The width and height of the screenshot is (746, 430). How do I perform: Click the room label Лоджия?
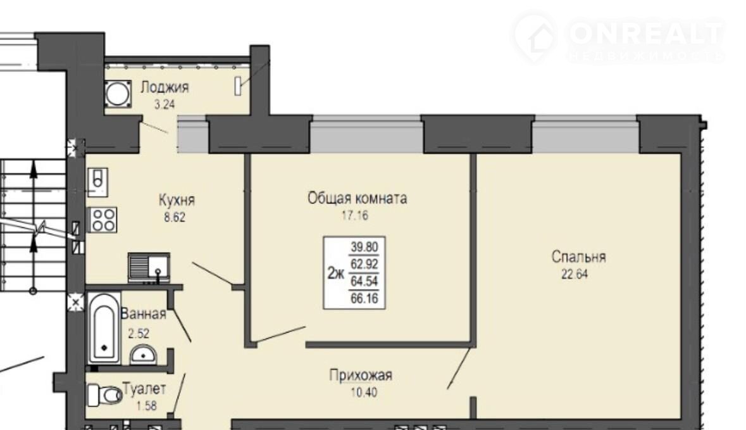[x=165, y=87]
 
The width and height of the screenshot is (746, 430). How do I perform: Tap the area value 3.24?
[x=165, y=104]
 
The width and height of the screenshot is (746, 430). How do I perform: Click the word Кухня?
[x=177, y=200]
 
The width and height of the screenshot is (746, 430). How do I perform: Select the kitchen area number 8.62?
[x=175, y=218]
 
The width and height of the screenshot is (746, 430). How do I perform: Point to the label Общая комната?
[x=357, y=198]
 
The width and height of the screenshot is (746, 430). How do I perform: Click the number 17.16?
[x=355, y=216]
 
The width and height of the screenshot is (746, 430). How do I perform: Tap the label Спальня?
[x=578, y=257]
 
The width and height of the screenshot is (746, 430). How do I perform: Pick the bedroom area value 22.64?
[x=575, y=275]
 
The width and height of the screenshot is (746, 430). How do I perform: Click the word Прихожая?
[x=361, y=376]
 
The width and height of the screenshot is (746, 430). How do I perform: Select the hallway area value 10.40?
[x=363, y=393]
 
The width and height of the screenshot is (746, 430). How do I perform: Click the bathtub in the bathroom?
[x=104, y=329]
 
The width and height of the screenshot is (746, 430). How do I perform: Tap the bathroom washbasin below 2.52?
[x=143, y=355]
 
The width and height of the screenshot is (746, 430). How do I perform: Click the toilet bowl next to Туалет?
[x=105, y=395]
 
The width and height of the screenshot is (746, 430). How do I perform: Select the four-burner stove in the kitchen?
[x=103, y=220]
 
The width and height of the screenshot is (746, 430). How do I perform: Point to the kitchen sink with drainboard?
[x=149, y=268]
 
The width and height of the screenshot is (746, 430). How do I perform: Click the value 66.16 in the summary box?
[x=364, y=298]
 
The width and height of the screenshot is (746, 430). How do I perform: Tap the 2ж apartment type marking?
[x=336, y=274]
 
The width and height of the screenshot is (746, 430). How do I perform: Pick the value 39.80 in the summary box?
[x=364, y=247]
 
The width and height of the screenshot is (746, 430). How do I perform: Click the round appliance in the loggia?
[x=117, y=94]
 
